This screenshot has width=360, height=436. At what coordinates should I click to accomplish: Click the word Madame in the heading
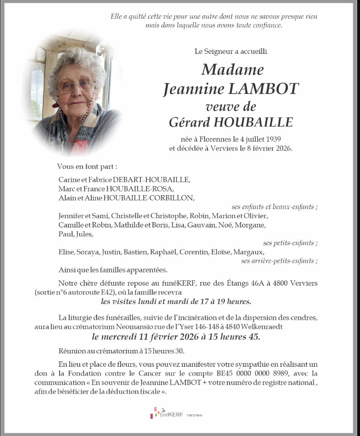tap(233, 70)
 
